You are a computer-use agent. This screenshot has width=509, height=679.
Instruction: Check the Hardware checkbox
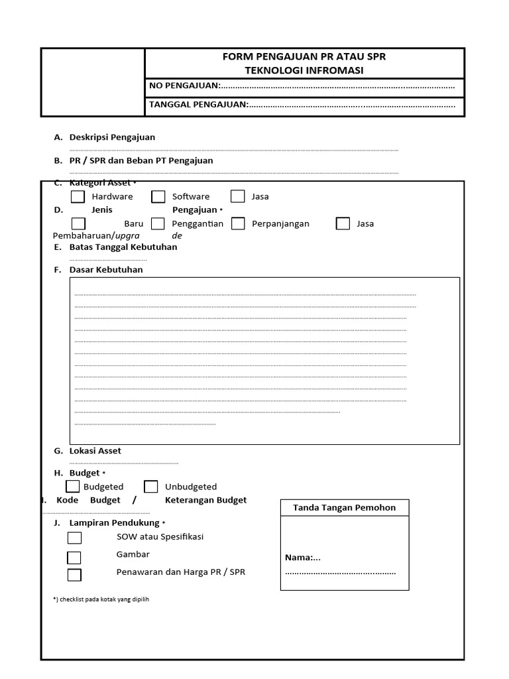point(78,196)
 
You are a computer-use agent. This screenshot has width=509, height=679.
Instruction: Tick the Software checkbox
point(158,196)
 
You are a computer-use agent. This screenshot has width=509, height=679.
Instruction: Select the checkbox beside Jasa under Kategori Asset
point(238,196)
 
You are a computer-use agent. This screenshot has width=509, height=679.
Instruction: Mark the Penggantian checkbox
point(158,223)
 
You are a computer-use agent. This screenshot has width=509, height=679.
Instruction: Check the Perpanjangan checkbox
point(239,223)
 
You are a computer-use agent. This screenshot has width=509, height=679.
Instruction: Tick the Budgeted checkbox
point(73,487)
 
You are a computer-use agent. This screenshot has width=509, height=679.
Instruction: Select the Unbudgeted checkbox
point(151,487)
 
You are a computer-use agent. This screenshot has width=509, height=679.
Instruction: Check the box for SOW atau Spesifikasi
point(74,537)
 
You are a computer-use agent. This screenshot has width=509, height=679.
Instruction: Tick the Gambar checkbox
point(74,557)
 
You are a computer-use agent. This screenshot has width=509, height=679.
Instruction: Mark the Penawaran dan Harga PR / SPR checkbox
point(74,574)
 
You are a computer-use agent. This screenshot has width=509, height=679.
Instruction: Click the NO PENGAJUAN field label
point(184,86)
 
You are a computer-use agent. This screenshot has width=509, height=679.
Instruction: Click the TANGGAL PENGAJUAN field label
point(198,104)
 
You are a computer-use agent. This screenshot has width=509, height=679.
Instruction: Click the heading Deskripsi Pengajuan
point(112,137)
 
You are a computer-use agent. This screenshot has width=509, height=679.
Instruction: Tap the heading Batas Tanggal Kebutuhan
point(123,247)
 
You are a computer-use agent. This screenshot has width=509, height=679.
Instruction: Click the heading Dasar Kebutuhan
point(106,270)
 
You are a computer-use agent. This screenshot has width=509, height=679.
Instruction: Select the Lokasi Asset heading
point(95,451)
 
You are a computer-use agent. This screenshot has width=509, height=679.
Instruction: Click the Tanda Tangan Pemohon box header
point(344,508)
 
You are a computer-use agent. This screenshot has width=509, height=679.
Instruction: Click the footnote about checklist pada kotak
point(101,599)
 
